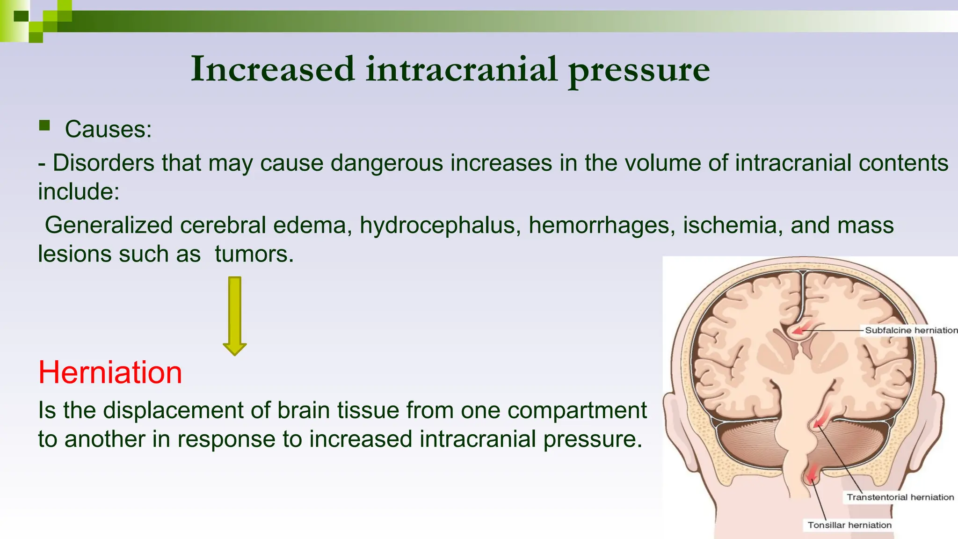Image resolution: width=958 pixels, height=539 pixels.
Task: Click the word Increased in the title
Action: (x=273, y=69)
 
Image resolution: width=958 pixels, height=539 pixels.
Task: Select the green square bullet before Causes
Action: (x=44, y=125)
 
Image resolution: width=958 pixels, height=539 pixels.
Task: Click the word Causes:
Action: (x=108, y=129)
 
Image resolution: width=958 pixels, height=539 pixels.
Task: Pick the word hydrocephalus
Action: (x=440, y=225)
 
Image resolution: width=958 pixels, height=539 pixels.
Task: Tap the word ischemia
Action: (x=733, y=225)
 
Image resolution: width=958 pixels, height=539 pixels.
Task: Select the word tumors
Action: (x=254, y=254)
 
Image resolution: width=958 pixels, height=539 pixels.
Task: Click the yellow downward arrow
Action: (x=235, y=316)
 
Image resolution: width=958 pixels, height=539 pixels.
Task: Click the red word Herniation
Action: (x=110, y=372)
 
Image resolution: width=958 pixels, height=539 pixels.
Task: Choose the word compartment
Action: (x=577, y=410)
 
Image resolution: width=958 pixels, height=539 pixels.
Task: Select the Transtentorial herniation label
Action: (x=900, y=497)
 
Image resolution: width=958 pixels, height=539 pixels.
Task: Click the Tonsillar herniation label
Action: (x=849, y=525)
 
